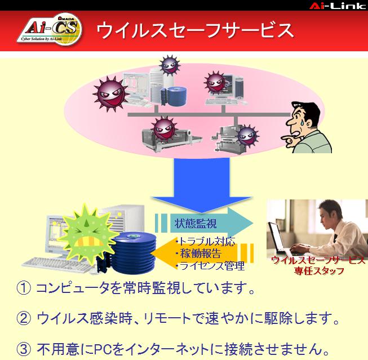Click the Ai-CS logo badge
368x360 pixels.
coord(50,30)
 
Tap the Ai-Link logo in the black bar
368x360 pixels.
coord(338,6)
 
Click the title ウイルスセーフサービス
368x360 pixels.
coord(195,30)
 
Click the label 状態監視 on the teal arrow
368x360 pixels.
coord(195,223)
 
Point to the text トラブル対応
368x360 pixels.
coord(206,241)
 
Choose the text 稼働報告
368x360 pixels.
coord(199,254)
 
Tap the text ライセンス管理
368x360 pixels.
coord(210,266)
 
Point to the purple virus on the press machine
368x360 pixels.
coord(248,136)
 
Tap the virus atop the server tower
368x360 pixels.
coord(170,65)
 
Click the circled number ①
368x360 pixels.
coord(23,288)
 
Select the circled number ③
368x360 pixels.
coord(23,349)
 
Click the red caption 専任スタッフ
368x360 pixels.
coord(319,271)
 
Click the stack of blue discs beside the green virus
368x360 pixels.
coord(133,253)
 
